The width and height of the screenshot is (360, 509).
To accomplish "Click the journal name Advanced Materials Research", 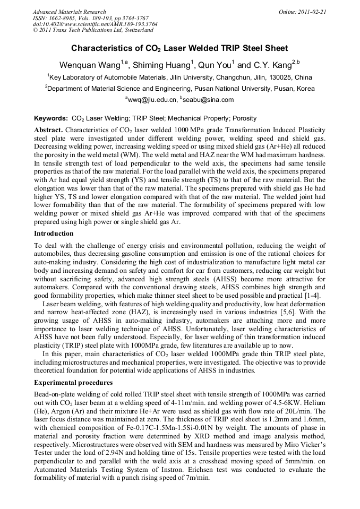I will [x=69, y=12].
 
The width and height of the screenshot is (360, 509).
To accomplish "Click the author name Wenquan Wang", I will [x=90, y=65].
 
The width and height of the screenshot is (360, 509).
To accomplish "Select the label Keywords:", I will [x=51, y=118].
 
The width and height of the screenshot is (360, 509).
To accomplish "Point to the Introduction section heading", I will [x=54, y=234].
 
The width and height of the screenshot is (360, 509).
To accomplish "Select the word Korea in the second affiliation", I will [x=305, y=89].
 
